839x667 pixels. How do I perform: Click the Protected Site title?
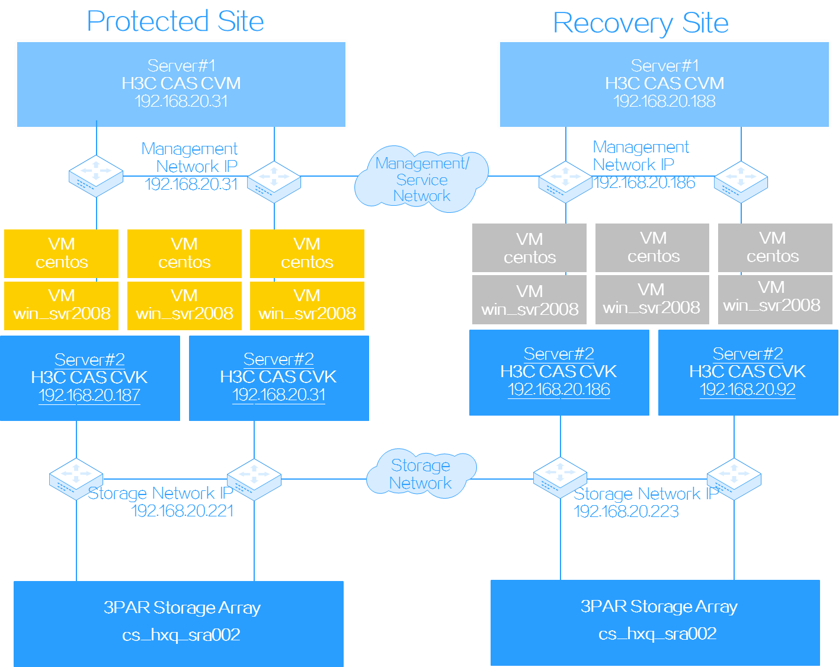pos(176,21)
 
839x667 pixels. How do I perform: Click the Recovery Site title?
pos(641,23)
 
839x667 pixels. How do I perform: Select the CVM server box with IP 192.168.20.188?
pos(664,84)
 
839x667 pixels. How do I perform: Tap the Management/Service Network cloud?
pos(421,179)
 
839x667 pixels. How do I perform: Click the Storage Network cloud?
pos(421,474)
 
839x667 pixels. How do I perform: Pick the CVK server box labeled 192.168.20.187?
pos(89,378)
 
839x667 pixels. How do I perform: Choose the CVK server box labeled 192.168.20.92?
pos(748,372)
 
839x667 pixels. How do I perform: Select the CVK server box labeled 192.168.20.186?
pos(559,372)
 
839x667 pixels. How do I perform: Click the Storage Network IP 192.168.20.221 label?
pos(161,502)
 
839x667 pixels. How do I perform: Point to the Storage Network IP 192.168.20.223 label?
pos(646,502)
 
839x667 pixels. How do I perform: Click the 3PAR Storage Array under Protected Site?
pos(178,623)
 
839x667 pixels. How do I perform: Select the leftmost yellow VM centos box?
pos(62,253)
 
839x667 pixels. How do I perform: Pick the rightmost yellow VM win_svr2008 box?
pos(307,305)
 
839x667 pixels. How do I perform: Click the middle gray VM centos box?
pos(652,248)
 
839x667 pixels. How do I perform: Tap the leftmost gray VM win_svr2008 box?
pos(529,299)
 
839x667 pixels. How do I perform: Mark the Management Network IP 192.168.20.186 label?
pos(643,165)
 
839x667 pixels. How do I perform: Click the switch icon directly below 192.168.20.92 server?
pos(734,478)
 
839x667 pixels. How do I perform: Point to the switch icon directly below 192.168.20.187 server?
pos(76,478)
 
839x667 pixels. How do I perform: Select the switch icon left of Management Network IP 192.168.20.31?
pos(96,176)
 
